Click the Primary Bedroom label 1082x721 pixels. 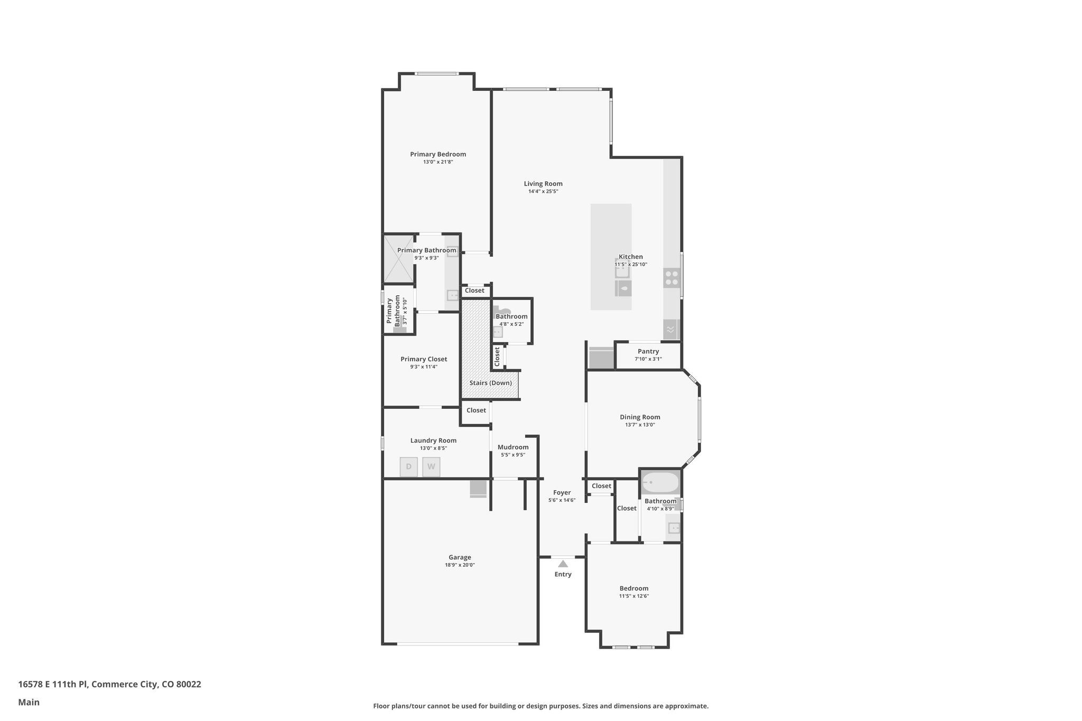(x=438, y=154)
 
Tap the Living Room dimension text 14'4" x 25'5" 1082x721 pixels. (x=543, y=191)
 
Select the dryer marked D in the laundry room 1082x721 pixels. (x=409, y=466)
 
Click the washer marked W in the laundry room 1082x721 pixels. (x=431, y=466)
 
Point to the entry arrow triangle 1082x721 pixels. (x=563, y=564)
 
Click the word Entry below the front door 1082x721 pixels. (x=563, y=574)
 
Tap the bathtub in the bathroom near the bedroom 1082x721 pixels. (x=660, y=482)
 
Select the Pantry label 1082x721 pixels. (x=648, y=351)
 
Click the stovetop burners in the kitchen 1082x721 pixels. (x=671, y=278)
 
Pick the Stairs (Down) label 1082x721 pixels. (x=491, y=383)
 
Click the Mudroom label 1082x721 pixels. (x=513, y=447)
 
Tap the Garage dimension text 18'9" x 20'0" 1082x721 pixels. (x=460, y=565)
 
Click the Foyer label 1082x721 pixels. (x=562, y=492)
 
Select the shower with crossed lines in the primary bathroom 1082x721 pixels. (x=398, y=259)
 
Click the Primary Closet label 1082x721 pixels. (x=424, y=359)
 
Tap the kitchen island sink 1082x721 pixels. (x=622, y=271)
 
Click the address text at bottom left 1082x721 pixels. (x=109, y=684)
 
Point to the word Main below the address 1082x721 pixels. (x=29, y=702)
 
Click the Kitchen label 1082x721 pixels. (x=631, y=257)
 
